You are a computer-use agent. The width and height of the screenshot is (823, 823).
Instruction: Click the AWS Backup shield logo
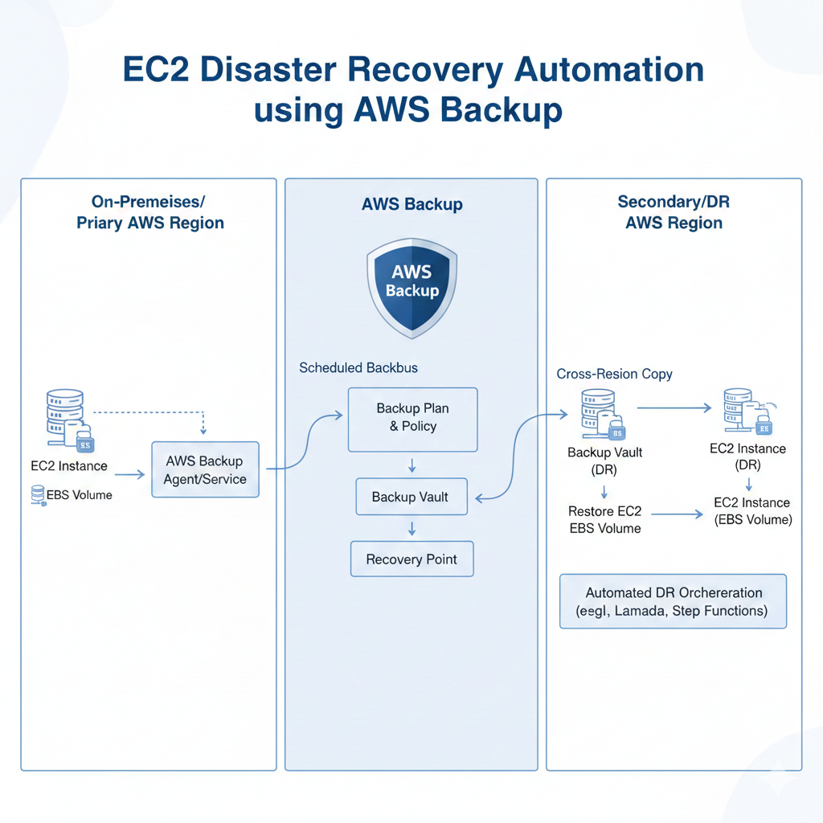tap(411, 285)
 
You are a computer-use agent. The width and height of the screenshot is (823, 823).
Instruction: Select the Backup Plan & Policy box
tap(412, 419)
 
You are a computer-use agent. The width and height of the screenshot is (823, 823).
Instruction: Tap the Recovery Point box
tap(411, 559)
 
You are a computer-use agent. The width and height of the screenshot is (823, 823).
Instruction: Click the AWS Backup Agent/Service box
tap(205, 469)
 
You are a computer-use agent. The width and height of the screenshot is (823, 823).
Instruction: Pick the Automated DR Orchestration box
tap(673, 601)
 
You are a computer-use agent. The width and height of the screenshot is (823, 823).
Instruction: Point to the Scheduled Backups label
tap(358, 367)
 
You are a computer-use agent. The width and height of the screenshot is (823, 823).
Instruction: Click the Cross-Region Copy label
tap(614, 374)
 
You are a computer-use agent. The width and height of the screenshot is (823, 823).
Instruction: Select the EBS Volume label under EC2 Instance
tap(79, 495)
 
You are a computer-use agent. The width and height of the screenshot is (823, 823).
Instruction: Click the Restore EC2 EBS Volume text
tap(604, 520)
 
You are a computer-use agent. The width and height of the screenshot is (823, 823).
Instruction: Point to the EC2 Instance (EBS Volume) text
tap(752, 511)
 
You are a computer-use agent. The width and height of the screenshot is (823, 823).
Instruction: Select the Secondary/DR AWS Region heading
tap(674, 212)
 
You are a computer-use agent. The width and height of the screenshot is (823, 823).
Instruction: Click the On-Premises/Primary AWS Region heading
tap(149, 212)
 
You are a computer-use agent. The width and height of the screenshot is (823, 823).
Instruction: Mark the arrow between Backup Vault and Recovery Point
tap(411, 528)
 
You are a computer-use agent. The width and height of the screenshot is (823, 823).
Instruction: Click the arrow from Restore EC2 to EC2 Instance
tap(677, 513)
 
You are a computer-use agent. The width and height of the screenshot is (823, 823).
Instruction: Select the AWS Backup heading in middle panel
tap(411, 204)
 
